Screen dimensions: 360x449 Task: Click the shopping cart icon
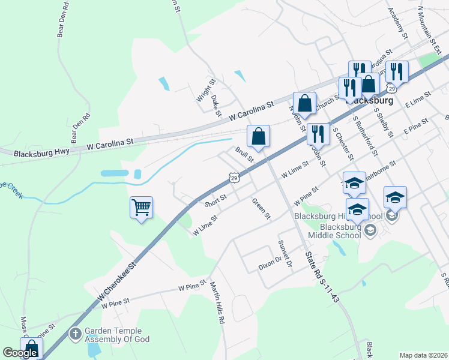(141, 208)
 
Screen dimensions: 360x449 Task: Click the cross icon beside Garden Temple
(76, 333)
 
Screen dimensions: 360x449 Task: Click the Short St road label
(216, 200)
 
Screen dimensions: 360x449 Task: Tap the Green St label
(262, 209)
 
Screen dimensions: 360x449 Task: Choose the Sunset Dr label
(284, 254)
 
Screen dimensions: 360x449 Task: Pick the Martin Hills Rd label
(217, 303)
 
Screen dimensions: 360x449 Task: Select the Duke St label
(216, 99)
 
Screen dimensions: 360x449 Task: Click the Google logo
(20, 353)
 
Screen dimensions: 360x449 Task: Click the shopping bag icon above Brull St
(259, 136)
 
